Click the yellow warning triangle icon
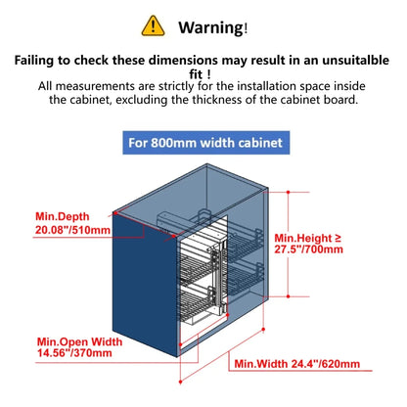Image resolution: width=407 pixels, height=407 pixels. (153, 25)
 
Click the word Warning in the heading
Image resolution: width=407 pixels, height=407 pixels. (210, 27)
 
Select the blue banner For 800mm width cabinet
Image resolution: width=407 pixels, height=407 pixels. (205, 143)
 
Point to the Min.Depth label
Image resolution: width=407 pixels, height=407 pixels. (62, 216)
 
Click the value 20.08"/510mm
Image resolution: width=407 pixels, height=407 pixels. (72, 230)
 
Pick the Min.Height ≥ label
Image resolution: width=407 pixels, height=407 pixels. (307, 238)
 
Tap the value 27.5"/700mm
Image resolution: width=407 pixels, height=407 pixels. (308, 249)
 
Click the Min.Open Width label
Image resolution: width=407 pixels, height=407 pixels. (79, 341)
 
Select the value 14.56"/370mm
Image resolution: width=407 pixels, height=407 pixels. (74, 353)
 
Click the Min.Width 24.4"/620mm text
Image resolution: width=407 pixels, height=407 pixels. (297, 364)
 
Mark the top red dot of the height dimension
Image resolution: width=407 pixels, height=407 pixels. (288, 192)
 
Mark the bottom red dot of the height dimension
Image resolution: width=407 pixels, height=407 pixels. (288, 296)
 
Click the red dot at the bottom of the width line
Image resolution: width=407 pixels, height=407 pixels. (180, 382)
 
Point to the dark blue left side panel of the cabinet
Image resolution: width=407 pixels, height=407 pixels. (146, 283)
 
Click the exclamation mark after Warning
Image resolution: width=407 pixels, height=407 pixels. (246, 28)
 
